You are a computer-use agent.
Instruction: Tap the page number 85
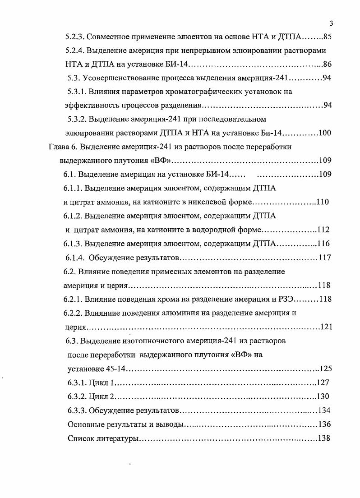coord(328,37)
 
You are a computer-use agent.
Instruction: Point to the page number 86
coord(328,64)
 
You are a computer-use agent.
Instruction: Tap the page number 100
coord(325,133)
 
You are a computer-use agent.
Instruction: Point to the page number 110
coord(323,202)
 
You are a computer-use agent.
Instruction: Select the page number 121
coord(326,327)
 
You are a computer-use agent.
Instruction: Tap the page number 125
coord(325,369)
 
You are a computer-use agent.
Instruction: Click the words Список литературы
coord(102,438)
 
